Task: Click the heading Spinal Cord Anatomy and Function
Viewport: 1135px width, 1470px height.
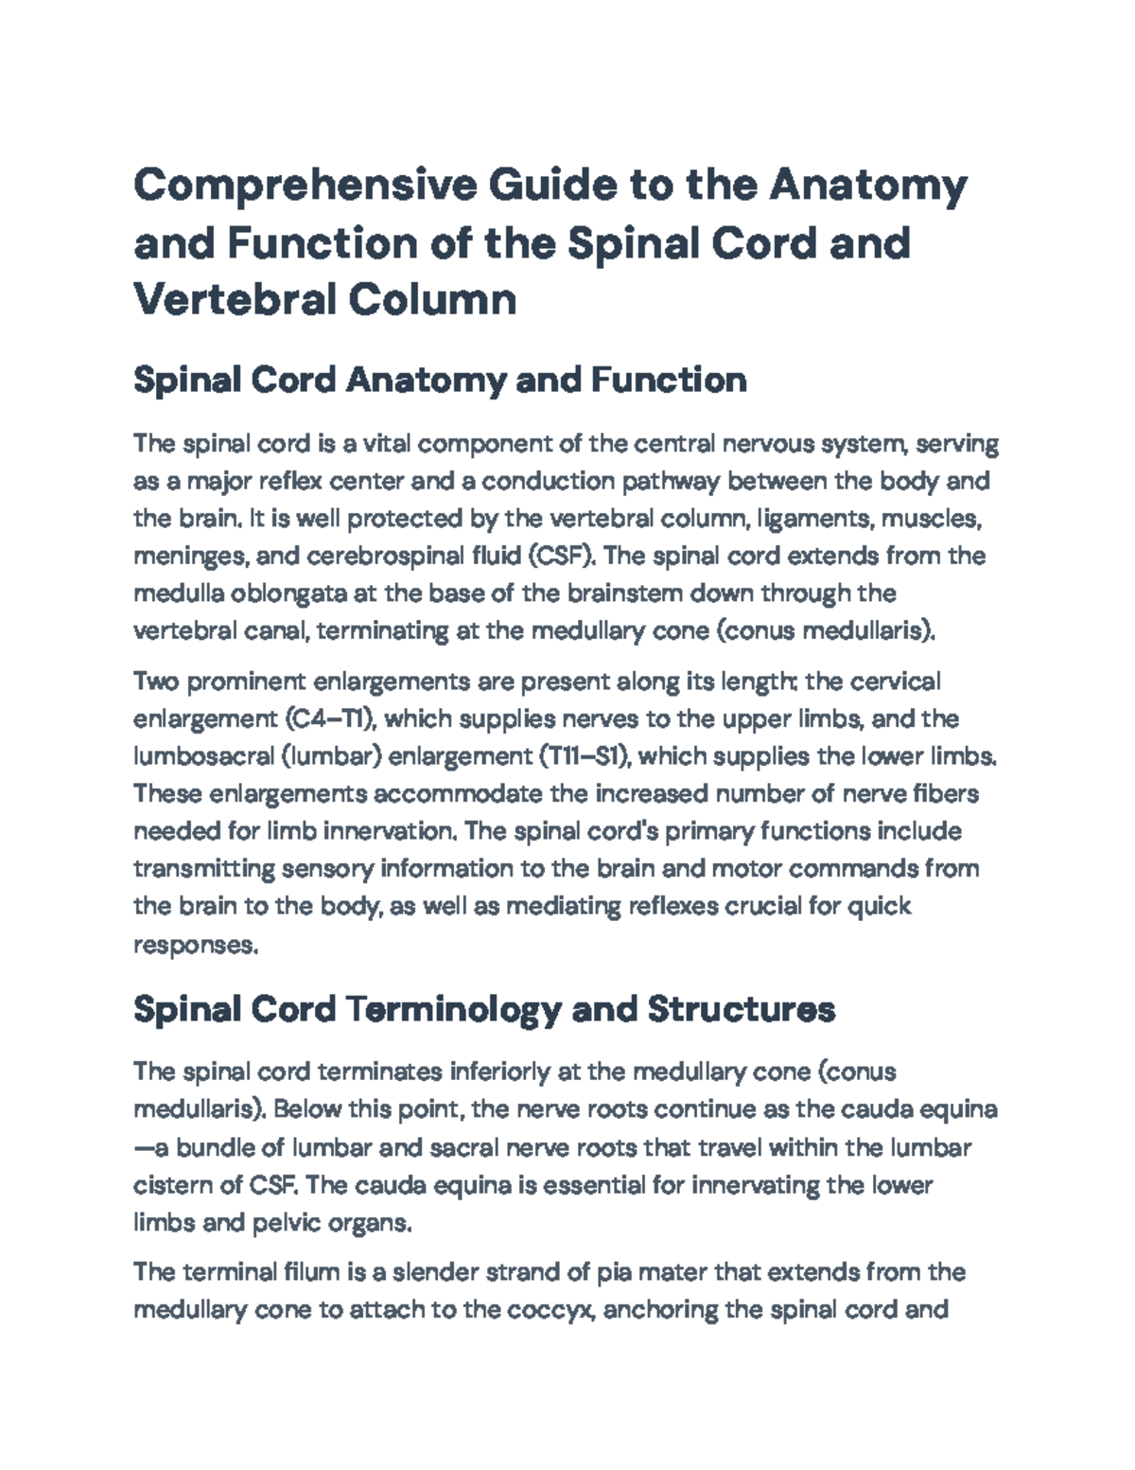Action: [x=440, y=381]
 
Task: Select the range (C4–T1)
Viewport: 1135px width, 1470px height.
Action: [x=330, y=719]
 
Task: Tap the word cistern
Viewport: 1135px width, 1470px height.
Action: [x=173, y=1185]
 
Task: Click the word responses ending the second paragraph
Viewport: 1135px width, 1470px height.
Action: [x=194, y=945]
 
